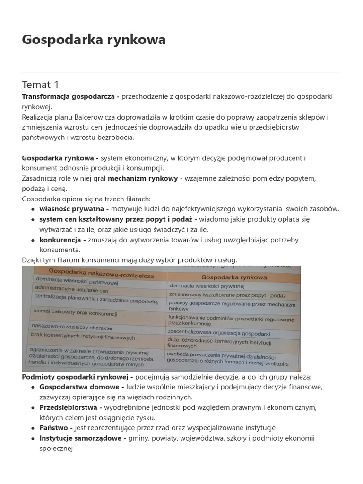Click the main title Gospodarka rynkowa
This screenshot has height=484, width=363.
[x=94, y=40]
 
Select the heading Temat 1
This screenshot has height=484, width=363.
[x=40, y=85]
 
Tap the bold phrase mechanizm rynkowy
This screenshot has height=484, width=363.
[x=143, y=178]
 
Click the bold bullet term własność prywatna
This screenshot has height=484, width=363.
[x=74, y=209]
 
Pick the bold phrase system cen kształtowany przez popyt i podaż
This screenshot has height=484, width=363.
[x=116, y=219]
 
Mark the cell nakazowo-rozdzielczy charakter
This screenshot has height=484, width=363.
[x=69, y=326]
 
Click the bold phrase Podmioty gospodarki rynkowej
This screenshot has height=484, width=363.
[x=77, y=377]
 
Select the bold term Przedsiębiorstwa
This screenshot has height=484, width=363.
[x=70, y=407]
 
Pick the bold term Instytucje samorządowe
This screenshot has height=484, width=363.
[x=82, y=438]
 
